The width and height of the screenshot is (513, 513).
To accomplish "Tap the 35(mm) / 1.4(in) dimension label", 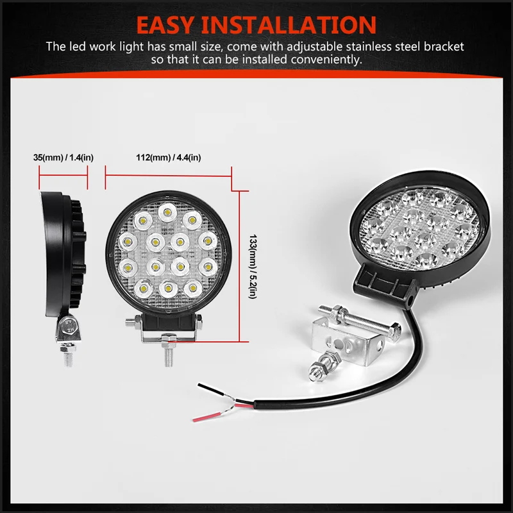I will coord(63,157).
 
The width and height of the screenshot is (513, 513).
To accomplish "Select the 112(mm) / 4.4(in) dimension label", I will coord(168,157).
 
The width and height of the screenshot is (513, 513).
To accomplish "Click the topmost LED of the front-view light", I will coord(168,209).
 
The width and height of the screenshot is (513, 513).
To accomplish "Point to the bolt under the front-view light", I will coord(169,354).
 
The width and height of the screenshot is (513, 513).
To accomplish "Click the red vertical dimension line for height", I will coord(240,266).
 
